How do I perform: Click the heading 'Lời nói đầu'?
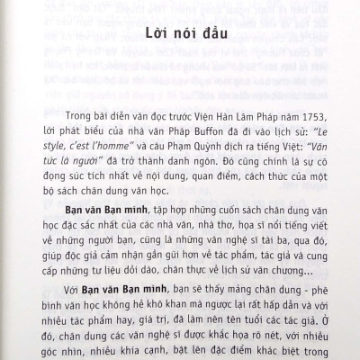(x=180, y=38)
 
